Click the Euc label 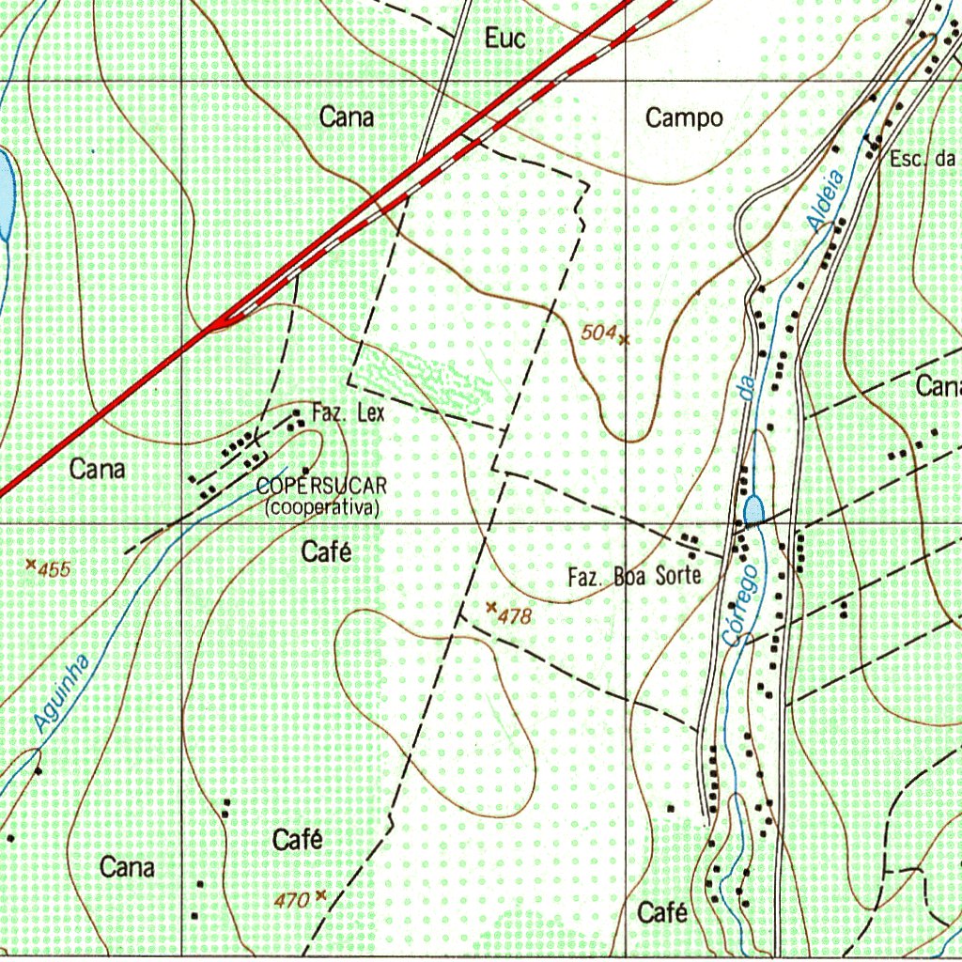[504, 39]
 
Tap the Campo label [684, 118]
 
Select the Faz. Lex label [348, 412]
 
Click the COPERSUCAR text [321, 487]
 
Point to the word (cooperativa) [322, 507]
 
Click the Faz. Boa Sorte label [635, 576]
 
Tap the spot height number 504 [597, 332]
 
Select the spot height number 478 [516, 617]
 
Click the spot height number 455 [54, 569]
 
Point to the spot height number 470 [291, 901]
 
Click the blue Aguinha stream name [62, 694]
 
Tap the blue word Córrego [741, 604]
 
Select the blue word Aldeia [826, 199]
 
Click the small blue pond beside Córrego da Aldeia [753, 511]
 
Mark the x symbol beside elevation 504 [624, 339]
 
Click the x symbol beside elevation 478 [490, 609]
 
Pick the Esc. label [907, 159]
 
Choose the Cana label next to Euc [347, 117]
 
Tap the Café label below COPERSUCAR [326, 552]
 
